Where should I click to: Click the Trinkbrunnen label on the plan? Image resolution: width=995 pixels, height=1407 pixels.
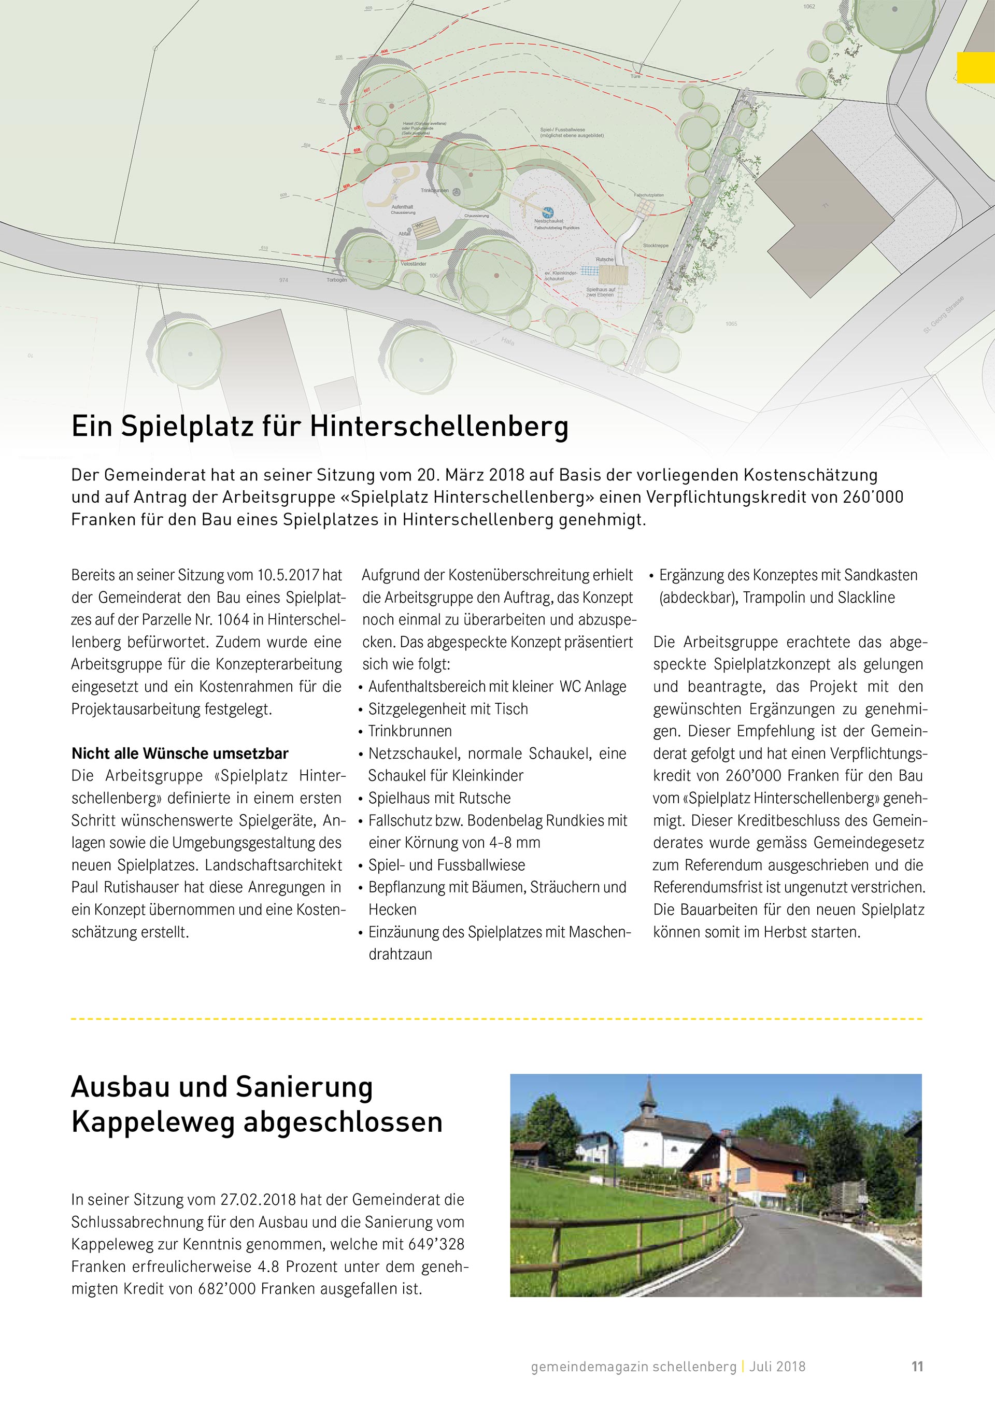(434, 191)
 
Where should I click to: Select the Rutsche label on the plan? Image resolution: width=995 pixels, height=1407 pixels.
(605, 259)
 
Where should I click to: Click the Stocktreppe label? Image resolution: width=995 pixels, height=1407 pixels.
(656, 246)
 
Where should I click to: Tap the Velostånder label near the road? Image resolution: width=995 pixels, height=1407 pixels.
(415, 263)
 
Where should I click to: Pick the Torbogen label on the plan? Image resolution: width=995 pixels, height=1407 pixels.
(336, 280)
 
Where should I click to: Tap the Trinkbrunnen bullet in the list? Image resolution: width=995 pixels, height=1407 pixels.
(410, 731)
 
